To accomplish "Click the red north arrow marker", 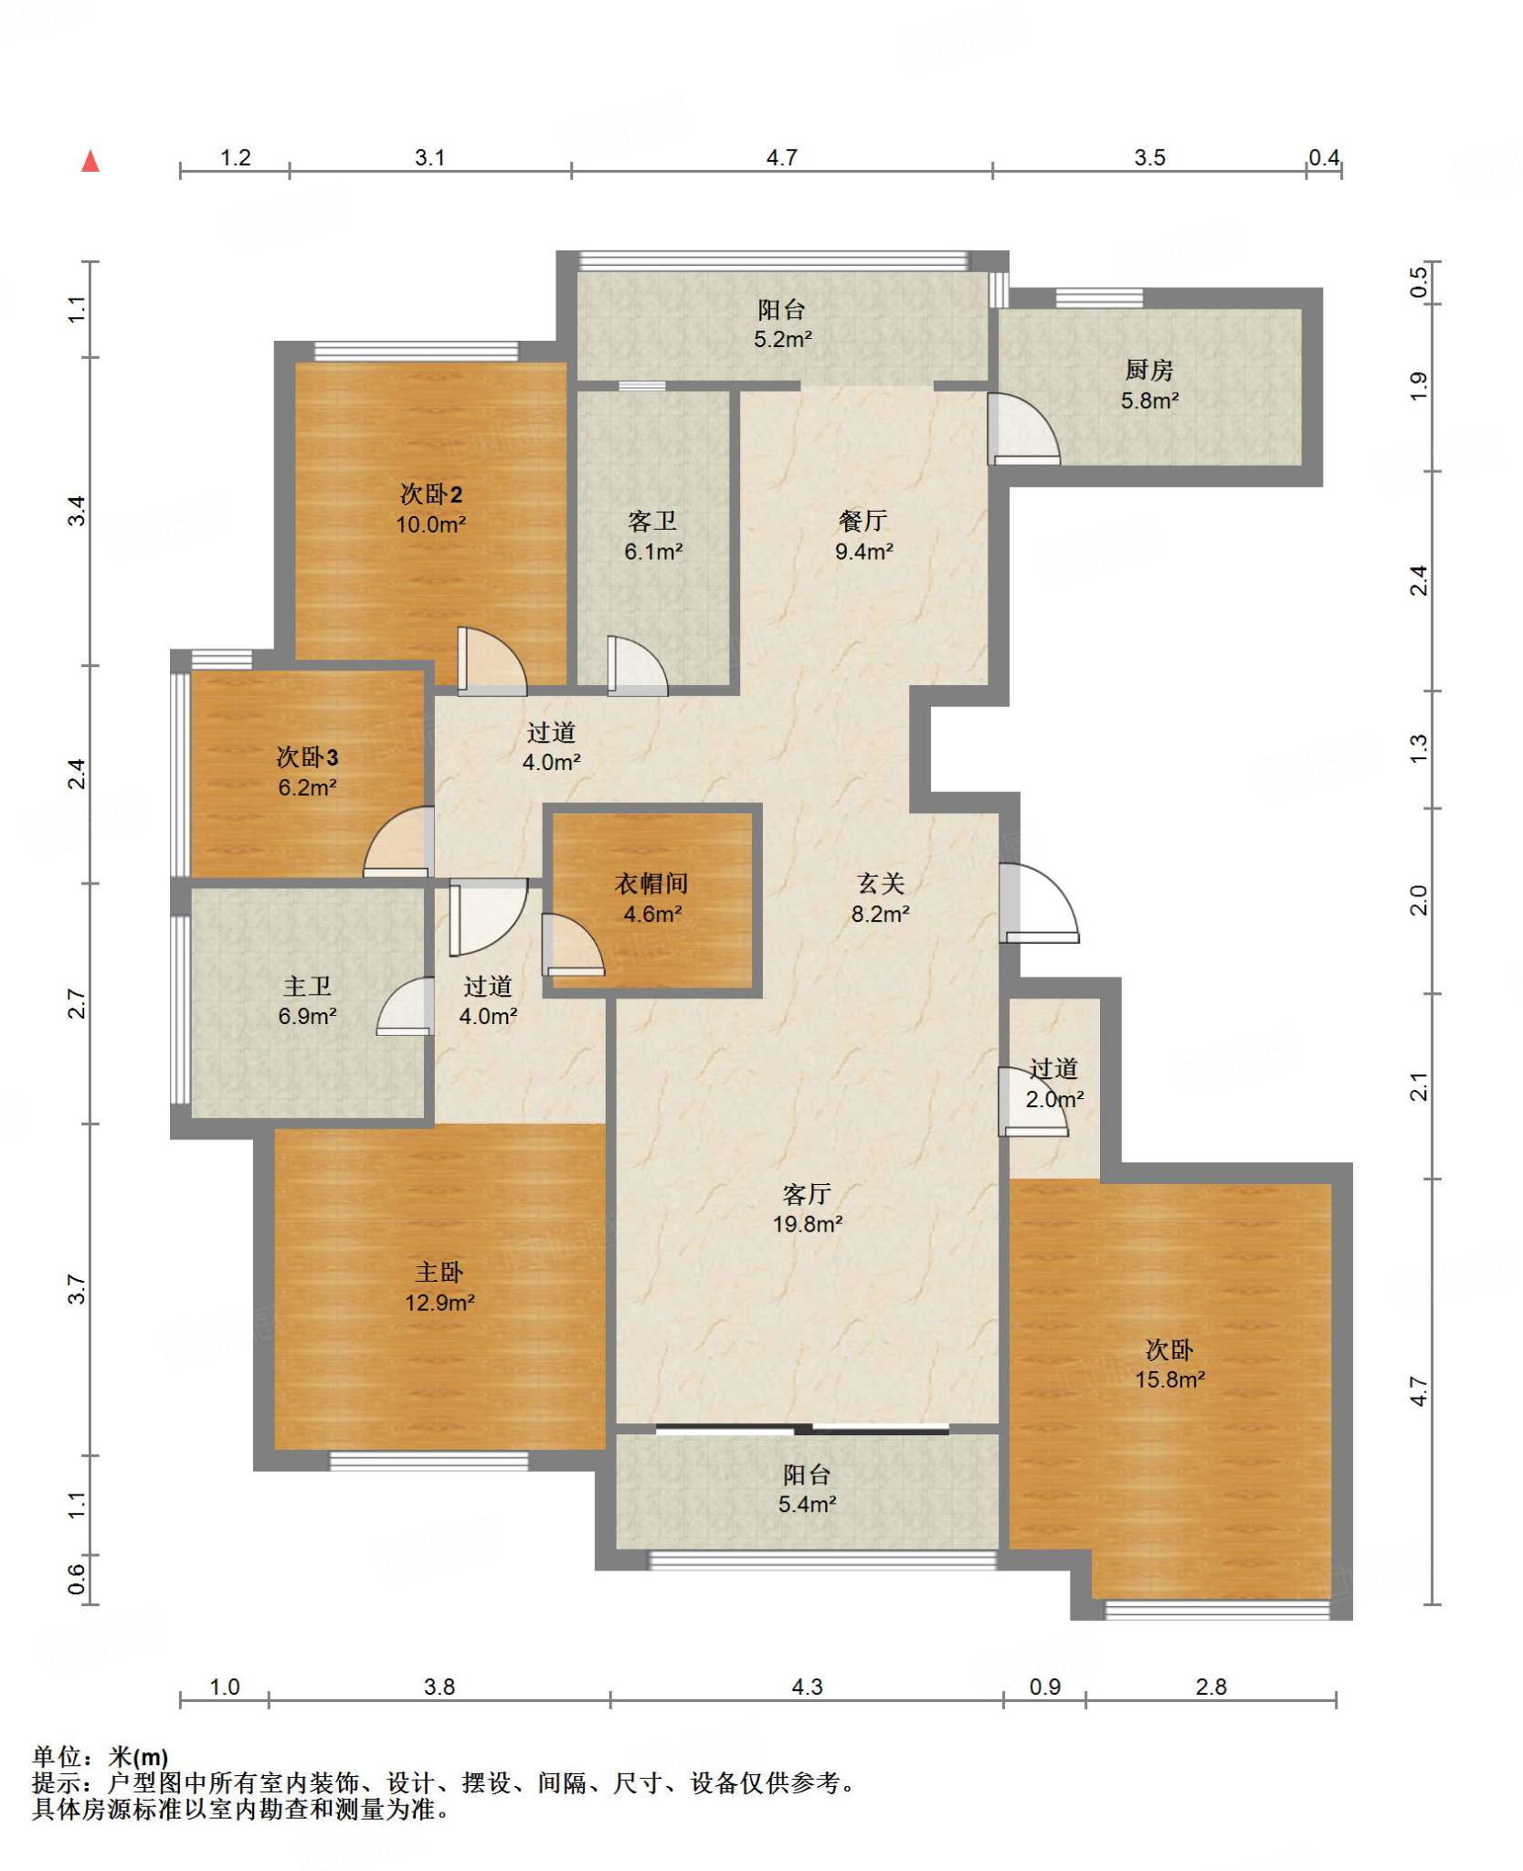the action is click(90, 162).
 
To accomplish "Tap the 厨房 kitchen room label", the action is click(1148, 370).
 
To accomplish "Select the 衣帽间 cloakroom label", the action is click(651, 883).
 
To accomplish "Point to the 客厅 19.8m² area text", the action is click(807, 1224).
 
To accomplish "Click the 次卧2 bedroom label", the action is click(431, 494).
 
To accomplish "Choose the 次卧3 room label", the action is click(307, 757).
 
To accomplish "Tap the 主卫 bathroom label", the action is click(307, 986).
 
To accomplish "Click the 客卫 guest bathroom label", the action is click(652, 521).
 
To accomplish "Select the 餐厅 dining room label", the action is click(863, 521).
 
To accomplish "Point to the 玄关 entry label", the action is click(881, 883).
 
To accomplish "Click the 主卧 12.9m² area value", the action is click(439, 1303).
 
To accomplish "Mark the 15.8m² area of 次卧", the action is click(1170, 1379).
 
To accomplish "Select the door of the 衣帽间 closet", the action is click(573, 945).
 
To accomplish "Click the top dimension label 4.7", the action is click(782, 157).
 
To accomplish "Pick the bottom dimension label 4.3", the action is click(807, 1686).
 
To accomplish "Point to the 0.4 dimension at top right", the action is click(1324, 157).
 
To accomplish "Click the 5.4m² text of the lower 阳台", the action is click(807, 1504).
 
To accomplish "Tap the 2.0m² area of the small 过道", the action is click(1054, 1099).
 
